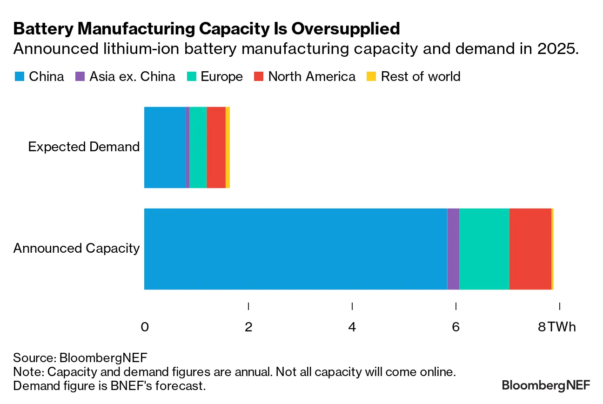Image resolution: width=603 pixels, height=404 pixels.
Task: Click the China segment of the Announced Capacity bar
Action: click(295, 249)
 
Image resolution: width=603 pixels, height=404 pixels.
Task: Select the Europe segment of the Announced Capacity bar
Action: click(484, 249)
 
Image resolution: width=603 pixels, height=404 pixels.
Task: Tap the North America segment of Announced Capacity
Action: click(530, 249)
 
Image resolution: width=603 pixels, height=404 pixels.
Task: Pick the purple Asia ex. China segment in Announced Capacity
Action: click(453, 249)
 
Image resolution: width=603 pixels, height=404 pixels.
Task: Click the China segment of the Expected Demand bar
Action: click(165, 148)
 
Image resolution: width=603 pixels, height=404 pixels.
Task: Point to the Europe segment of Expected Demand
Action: click(198, 148)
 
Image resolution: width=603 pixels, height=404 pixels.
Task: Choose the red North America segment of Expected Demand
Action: click(216, 148)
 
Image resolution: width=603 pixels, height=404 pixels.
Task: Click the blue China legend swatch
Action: click(19, 77)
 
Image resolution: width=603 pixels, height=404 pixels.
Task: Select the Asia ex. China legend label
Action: click(132, 77)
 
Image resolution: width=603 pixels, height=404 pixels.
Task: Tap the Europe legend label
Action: click(221, 77)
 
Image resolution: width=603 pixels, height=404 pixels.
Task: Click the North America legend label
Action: click(312, 77)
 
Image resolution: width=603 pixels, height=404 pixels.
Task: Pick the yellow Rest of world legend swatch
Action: click(372, 77)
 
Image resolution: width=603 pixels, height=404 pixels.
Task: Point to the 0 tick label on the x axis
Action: click(145, 327)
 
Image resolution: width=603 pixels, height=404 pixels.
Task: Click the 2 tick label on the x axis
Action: click(248, 327)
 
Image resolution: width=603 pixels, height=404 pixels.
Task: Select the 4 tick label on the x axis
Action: click(352, 327)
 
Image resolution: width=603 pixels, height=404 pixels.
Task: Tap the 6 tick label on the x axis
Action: click(456, 327)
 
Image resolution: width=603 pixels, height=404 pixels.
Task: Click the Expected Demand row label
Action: click(84, 147)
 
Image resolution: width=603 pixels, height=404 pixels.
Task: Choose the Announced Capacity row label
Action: click(76, 249)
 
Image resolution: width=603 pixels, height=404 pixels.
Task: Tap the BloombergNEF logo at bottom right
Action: click(546, 385)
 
